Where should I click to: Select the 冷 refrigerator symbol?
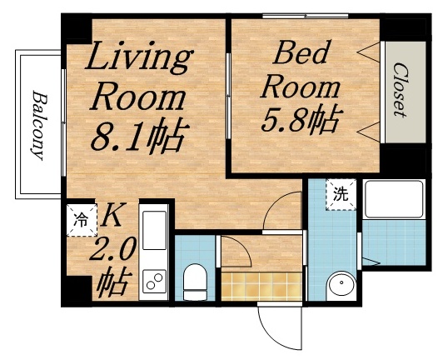point(81,221)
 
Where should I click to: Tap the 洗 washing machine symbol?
point(340,195)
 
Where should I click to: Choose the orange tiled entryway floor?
point(260,283)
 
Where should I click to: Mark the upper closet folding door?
point(369,54)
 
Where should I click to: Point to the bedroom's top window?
point(304,15)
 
